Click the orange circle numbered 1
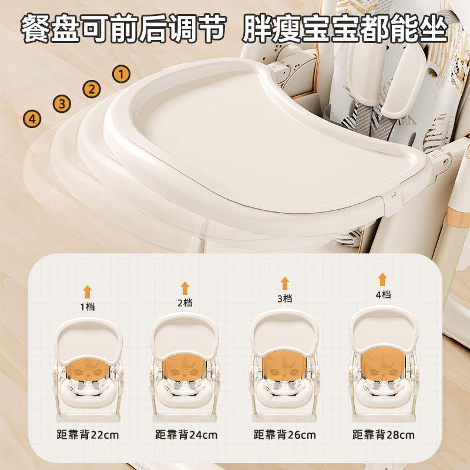[122, 74]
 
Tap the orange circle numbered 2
[92, 89]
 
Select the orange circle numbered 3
[62, 104]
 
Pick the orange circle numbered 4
[32, 119]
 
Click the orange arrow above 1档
[88, 291]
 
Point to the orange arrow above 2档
[185, 288]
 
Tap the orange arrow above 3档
[285, 284]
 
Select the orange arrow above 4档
[382, 280]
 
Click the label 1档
[88, 307]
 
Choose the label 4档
[384, 295]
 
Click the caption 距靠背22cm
[88, 435]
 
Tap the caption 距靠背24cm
[186, 435]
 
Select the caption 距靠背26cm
[285, 434]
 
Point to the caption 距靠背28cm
[384, 434]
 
